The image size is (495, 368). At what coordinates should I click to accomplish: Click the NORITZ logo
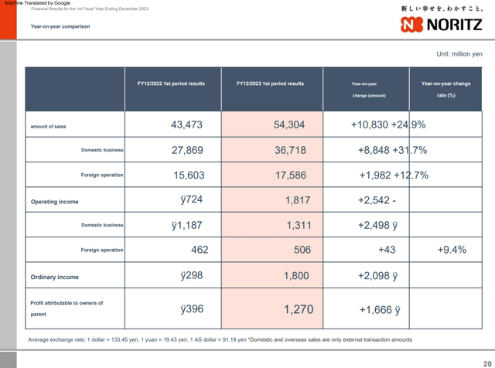(x=442, y=24)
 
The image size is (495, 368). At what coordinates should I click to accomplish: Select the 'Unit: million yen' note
(x=459, y=53)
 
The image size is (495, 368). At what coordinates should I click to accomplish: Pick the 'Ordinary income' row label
(x=55, y=276)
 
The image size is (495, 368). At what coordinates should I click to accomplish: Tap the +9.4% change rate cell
(x=451, y=250)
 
